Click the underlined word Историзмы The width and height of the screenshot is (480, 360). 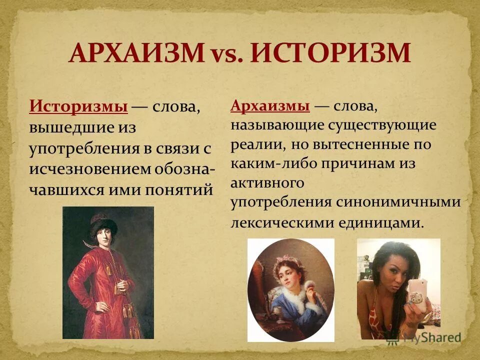pos(78,106)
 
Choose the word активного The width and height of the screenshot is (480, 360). pos(267,183)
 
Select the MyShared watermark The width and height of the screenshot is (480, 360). pos(432,338)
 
